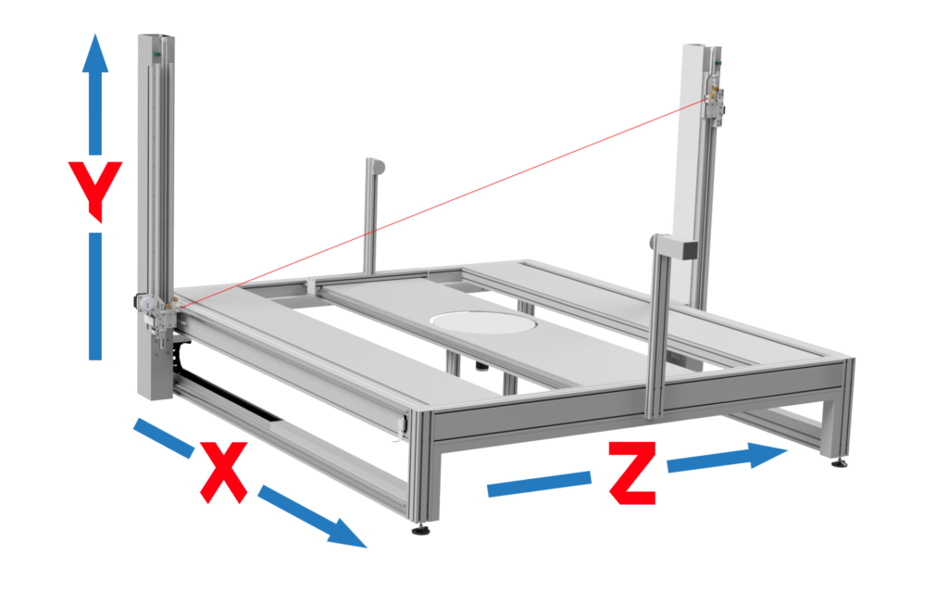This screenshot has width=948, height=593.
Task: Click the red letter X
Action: (223, 472)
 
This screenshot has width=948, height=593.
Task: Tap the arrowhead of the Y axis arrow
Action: (95, 53)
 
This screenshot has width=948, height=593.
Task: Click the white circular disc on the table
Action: (482, 322)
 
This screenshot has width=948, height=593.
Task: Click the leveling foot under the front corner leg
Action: (421, 530)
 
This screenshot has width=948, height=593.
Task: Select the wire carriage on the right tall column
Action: (715, 103)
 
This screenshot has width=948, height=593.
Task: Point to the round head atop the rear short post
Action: (377, 166)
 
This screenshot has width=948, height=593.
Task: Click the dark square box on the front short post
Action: (689, 249)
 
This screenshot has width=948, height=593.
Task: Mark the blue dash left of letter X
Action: (163, 437)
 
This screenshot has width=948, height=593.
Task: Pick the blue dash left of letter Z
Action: (539, 484)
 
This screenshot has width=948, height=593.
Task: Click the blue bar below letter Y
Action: (95, 296)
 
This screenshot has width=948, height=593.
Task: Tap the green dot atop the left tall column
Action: (156, 55)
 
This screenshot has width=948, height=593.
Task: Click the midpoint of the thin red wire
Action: (443, 204)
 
